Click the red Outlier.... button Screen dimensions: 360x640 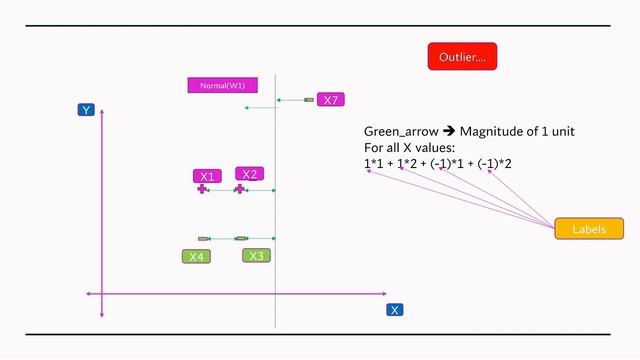(x=462, y=57)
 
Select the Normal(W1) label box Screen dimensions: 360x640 (x=222, y=85)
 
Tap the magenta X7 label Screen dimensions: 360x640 (x=330, y=100)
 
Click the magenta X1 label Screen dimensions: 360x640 (x=206, y=176)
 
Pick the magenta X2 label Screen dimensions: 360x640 (x=249, y=174)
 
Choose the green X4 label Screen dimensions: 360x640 (x=196, y=257)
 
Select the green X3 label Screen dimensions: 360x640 (x=256, y=256)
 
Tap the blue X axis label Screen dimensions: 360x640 (x=395, y=310)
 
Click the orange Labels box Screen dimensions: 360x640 (x=589, y=229)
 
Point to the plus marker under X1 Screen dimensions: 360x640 (x=202, y=189)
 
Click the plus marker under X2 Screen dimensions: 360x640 (x=240, y=189)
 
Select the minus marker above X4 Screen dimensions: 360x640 (x=203, y=238)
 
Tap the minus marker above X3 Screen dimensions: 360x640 (x=241, y=238)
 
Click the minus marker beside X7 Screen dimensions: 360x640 (x=309, y=100)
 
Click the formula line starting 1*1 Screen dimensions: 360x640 (x=438, y=163)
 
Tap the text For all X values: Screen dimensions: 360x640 (x=410, y=148)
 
